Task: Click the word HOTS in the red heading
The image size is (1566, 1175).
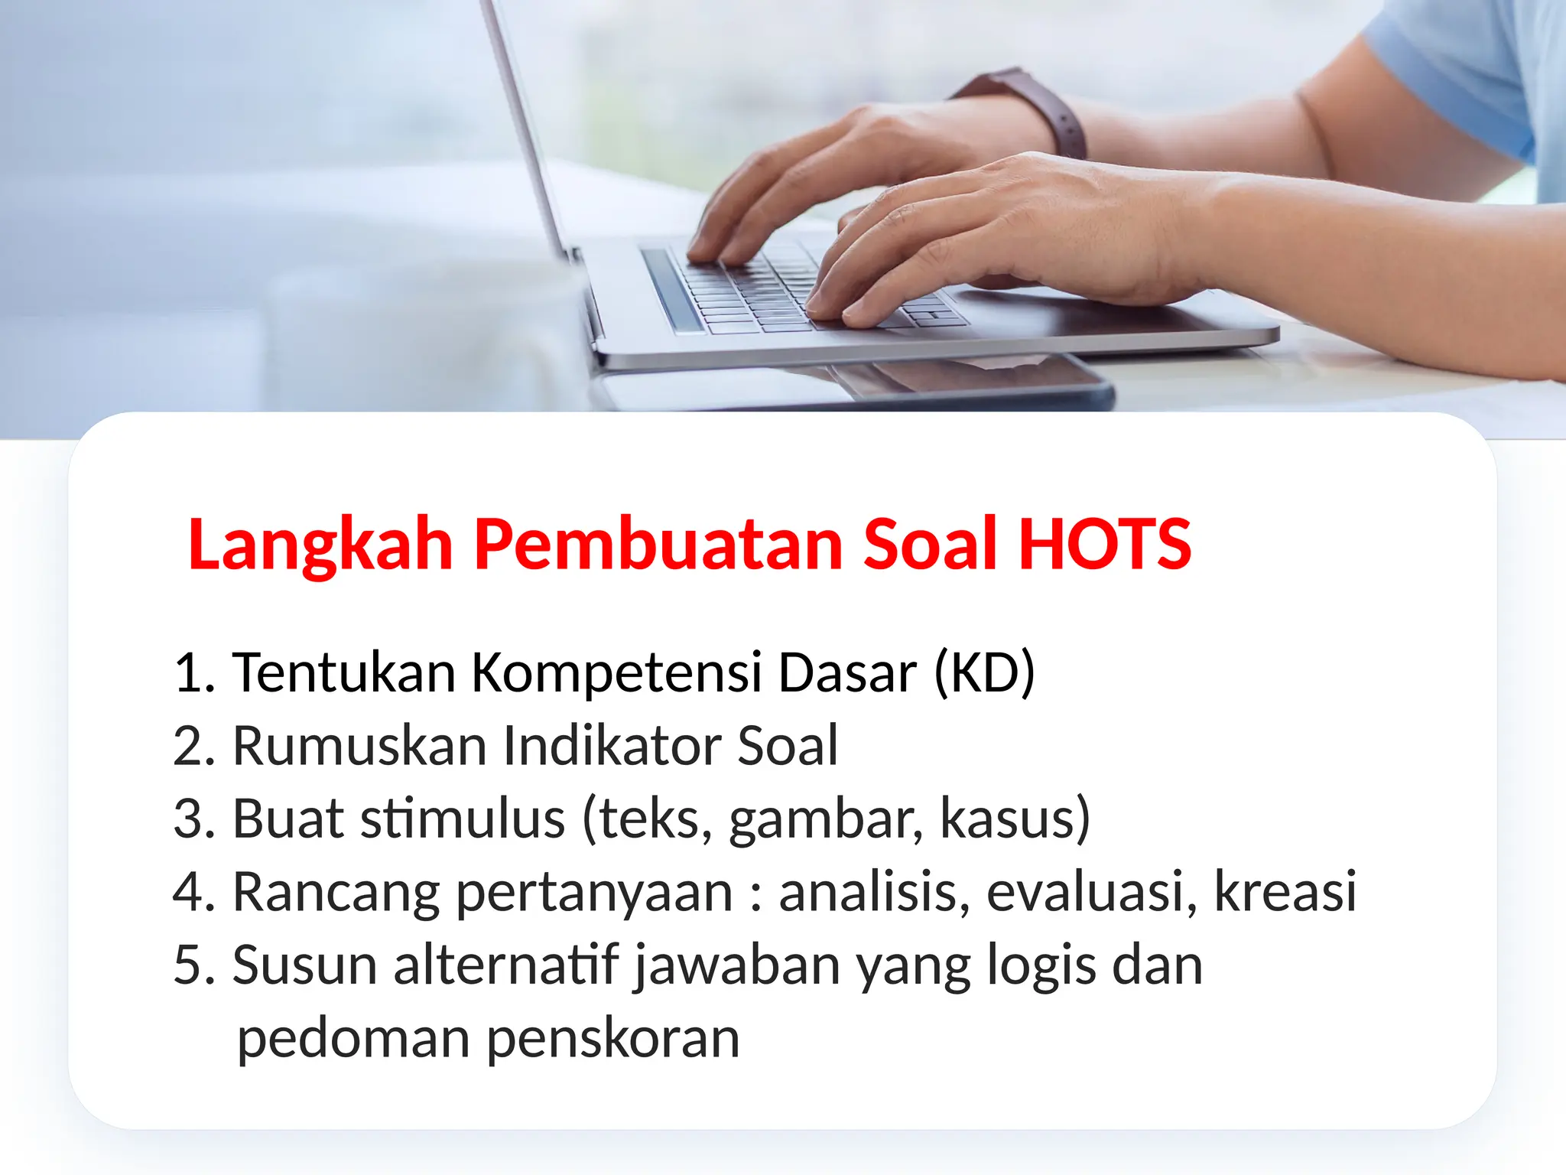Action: (1105, 544)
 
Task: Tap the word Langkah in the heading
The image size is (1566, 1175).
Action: (320, 544)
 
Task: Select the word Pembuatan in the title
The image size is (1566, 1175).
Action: (658, 544)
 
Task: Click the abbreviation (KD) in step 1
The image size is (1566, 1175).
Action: (984, 672)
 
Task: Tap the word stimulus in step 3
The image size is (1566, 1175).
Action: (463, 819)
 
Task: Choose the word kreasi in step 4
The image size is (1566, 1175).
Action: (1285, 892)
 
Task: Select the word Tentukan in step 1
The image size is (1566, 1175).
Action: (344, 672)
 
